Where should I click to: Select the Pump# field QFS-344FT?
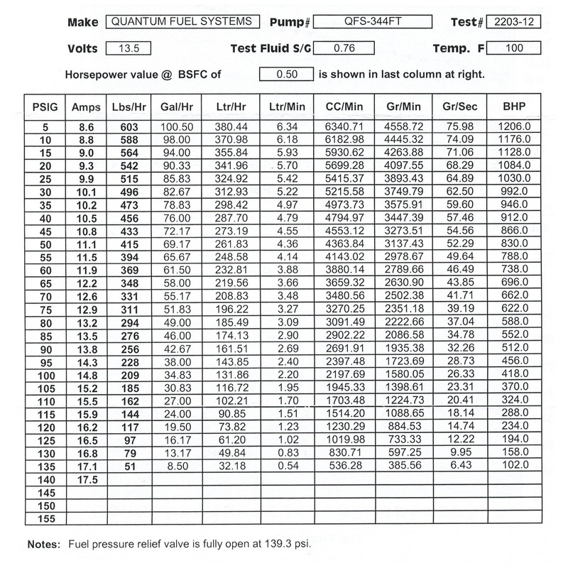click(364, 22)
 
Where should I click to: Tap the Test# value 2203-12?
click(515, 22)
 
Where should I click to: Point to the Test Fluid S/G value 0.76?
click(343, 49)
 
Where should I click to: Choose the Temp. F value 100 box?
click(515, 49)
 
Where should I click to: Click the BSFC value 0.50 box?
click(286, 74)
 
